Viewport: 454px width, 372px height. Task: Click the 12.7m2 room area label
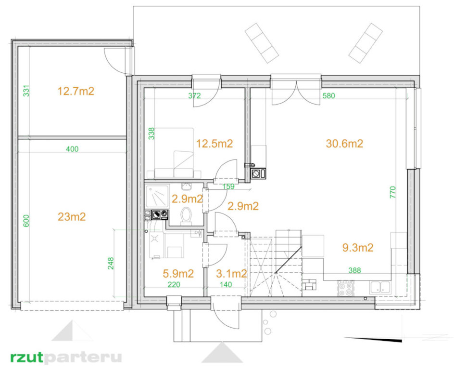click(x=76, y=91)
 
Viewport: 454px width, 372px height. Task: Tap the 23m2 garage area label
click(x=72, y=217)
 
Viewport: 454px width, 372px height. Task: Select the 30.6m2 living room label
click(x=344, y=143)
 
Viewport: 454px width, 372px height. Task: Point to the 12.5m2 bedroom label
click(x=214, y=143)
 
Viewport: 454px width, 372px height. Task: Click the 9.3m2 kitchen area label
click(x=358, y=248)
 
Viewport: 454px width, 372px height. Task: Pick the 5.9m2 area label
click(x=178, y=273)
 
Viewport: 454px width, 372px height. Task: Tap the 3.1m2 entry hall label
click(x=231, y=273)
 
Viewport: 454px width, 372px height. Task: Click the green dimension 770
click(x=392, y=192)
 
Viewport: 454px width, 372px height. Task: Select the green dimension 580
click(x=328, y=95)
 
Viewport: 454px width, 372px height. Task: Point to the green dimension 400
click(x=72, y=149)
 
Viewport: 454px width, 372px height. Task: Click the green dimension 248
click(x=111, y=263)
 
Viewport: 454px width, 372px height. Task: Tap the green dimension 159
click(x=228, y=186)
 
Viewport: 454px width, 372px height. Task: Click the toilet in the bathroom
click(x=186, y=216)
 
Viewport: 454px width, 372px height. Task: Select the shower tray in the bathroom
click(x=157, y=197)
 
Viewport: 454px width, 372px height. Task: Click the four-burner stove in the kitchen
click(x=346, y=289)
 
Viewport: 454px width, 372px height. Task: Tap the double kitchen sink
click(x=380, y=288)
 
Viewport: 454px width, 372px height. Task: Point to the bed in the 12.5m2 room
click(x=174, y=153)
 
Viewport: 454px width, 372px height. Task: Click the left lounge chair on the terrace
click(x=262, y=43)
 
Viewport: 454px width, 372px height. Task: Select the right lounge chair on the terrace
click(x=366, y=43)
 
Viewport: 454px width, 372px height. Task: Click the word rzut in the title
click(x=26, y=357)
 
